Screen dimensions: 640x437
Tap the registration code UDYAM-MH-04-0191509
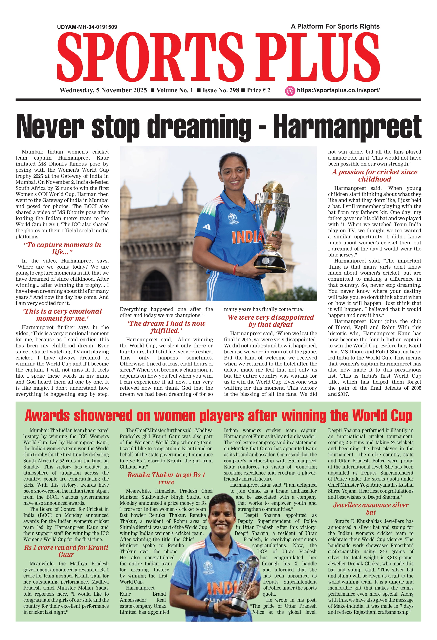(87, 27)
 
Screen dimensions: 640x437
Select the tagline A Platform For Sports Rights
(335, 26)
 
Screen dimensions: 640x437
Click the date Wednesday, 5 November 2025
(103, 90)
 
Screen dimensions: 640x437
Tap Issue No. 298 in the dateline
(221, 90)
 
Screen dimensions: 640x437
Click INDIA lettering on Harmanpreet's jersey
(247, 237)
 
